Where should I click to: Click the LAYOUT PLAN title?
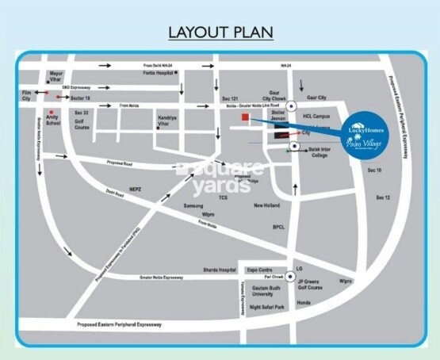(x=220, y=33)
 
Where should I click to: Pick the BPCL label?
(x=278, y=227)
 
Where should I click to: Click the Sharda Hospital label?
(x=220, y=270)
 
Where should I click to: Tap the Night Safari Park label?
(x=269, y=307)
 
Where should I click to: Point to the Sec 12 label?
(x=384, y=197)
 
